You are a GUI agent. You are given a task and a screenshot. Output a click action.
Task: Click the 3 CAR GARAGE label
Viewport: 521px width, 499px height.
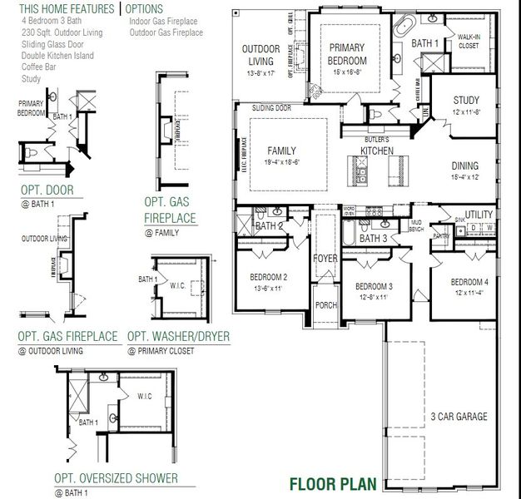454,417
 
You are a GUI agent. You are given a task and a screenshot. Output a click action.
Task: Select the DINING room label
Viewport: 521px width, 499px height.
465,166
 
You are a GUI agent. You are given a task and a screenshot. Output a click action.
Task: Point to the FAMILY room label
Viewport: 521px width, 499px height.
281,151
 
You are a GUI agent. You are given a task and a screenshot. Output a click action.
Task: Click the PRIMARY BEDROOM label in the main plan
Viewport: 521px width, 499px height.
347,54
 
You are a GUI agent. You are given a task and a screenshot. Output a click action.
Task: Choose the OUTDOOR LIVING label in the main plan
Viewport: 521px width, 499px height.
260,55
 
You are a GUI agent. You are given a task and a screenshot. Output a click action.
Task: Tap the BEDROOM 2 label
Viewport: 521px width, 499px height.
268,277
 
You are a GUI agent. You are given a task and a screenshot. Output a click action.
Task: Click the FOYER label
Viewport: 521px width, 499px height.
325,259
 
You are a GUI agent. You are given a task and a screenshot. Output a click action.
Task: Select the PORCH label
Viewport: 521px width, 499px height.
326,305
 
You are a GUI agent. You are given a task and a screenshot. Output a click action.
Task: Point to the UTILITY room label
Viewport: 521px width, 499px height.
479,215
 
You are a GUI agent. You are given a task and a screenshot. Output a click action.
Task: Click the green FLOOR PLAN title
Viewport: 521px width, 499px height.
333,483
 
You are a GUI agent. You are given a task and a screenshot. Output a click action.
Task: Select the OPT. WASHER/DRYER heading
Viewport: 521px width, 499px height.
178,337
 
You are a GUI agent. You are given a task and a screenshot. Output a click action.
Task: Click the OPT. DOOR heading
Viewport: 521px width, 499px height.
47,190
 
